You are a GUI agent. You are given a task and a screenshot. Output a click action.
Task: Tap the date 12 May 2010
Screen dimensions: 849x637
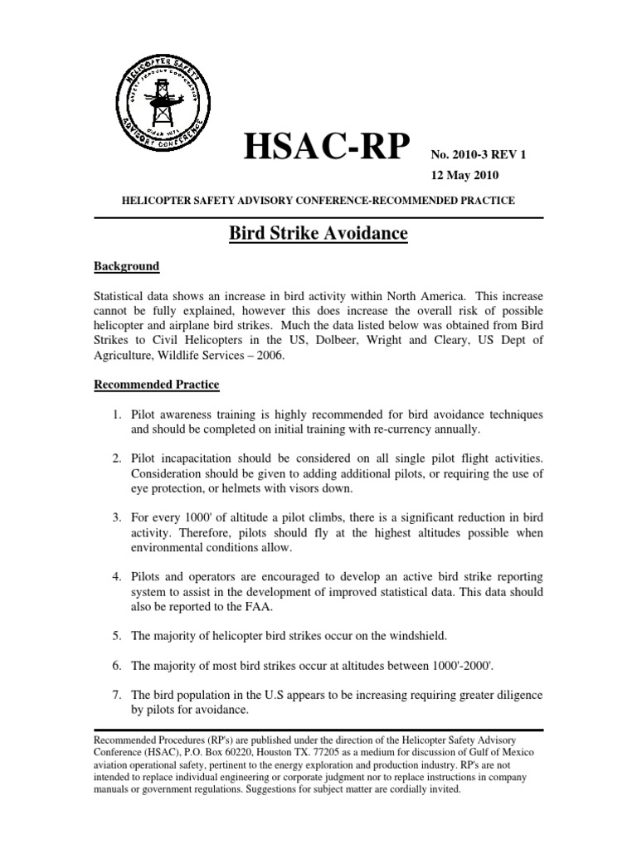464,177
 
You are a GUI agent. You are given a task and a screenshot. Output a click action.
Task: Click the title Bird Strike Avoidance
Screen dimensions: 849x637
318,235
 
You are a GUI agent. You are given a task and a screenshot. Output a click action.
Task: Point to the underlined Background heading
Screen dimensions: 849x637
126,266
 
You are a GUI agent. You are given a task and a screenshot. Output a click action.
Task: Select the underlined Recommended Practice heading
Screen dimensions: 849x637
156,385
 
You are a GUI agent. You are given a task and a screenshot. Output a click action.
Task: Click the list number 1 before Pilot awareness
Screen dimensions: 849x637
119,414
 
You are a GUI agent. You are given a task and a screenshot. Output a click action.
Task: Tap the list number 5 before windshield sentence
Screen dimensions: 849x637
119,636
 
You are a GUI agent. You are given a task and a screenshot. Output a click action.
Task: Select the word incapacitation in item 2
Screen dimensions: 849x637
195,458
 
